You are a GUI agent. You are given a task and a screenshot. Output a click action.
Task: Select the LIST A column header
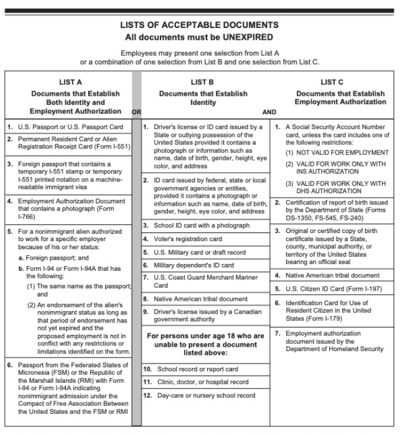(x=70, y=81)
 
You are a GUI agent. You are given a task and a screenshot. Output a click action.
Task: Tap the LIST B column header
(x=203, y=81)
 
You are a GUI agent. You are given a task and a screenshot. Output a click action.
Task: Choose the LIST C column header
(x=332, y=81)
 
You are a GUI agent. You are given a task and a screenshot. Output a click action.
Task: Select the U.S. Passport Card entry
(x=69, y=127)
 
